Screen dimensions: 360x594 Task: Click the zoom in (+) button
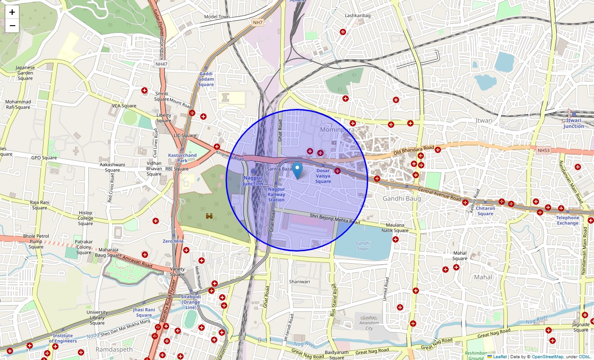coord(12,13)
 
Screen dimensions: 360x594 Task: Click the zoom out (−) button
coord(12,26)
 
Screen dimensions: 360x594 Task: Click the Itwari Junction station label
coord(573,123)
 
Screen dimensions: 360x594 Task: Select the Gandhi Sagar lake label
coord(363,246)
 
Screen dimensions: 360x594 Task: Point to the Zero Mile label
coord(173,241)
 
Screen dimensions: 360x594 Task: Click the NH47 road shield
coord(162,64)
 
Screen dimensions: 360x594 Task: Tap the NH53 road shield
coord(543,150)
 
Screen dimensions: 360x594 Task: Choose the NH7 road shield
coord(257,22)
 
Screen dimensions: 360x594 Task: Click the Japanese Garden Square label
coord(25,73)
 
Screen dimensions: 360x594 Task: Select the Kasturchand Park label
coord(182,158)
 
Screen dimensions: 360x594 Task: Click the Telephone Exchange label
coord(567,220)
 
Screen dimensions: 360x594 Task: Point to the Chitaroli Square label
coord(485,211)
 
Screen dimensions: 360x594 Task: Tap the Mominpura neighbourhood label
coord(337,130)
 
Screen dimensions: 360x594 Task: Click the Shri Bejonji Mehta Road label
coord(335,219)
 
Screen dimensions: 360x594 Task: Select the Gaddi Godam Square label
coord(206,79)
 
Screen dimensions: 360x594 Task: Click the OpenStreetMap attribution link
coord(547,357)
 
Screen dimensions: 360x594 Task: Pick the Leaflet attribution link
coord(499,357)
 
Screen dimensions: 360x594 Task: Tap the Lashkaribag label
coord(358,16)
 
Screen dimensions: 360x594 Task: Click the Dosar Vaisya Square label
coord(323,176)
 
